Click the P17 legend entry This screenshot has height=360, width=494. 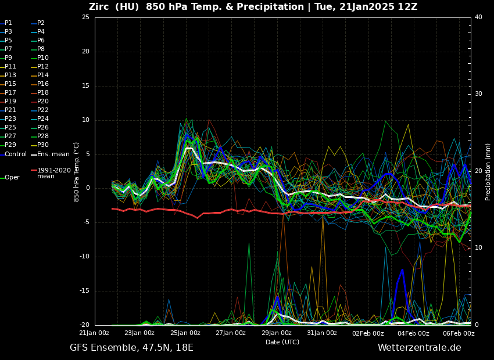point(10,93)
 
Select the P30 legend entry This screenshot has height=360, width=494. point(43,145)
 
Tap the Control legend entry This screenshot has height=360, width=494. point(16,154)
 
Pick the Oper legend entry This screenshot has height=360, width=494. point(12,178)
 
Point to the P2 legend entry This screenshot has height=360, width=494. point(41,23)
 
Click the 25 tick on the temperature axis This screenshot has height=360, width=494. point(85,17)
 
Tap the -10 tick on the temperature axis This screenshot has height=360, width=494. point(84,257)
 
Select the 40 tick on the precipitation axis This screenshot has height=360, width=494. point(478,17)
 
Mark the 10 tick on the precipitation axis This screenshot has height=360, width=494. point(478,248)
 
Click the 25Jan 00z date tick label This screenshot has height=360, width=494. point(185,333)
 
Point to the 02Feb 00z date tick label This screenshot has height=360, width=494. point(368,333)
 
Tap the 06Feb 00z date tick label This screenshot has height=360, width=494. point(459,333)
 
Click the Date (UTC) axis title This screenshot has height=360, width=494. point(282,343)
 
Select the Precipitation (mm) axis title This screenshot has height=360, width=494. point(488,171)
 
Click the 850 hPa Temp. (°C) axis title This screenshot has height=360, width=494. point(76,171)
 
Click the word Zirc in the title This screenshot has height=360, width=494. point(100,7)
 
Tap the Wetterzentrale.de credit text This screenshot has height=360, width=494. point(419,348)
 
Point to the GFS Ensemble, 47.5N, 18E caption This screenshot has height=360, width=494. point(131,348)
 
